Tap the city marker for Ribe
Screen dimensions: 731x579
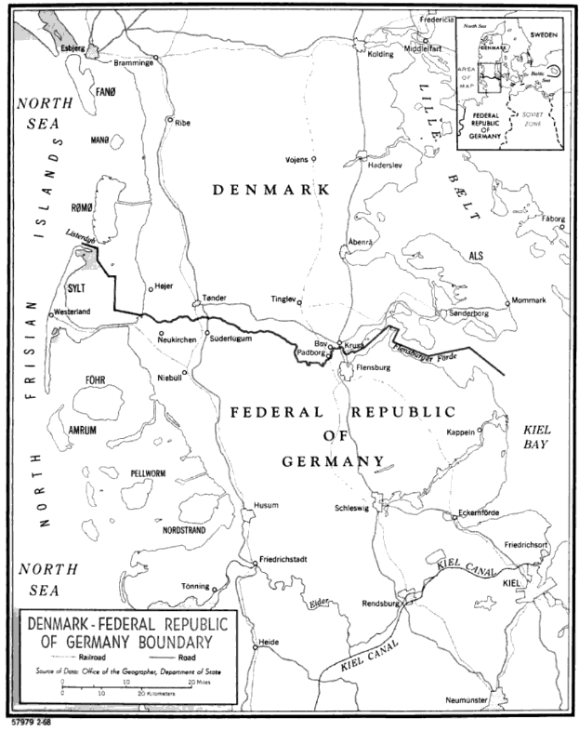(169, 120)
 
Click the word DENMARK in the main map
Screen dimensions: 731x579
(271, 190)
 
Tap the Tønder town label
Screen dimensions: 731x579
(214, 299)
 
